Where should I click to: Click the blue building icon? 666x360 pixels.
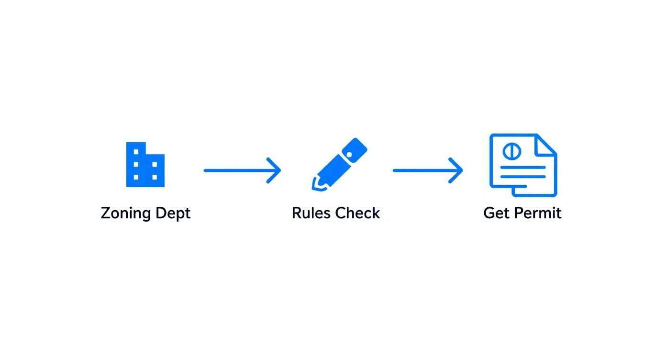point(145,164)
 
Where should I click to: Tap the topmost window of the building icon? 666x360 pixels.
point(136,152)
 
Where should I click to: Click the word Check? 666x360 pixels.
point(357,213)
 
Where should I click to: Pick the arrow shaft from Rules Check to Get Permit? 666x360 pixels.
point(421,170)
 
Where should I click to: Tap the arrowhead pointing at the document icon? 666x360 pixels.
point(457,170)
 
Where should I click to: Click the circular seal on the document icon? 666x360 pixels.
point(511,151)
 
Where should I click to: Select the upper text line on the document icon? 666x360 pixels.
point(523,167)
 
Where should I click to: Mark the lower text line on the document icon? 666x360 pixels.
point(523,177)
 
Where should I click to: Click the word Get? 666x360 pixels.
point(495,213)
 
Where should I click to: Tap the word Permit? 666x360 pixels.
point(536,213)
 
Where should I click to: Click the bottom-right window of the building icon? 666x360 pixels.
point(154,177)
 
